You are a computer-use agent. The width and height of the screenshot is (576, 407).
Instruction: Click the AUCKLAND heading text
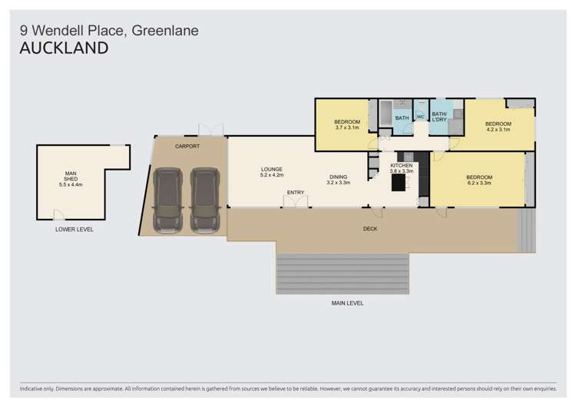(x=63, y=48)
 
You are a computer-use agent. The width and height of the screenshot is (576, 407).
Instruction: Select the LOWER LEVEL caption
(x=74, y=229)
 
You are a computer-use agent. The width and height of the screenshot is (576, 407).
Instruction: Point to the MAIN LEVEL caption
(x=347, y=303)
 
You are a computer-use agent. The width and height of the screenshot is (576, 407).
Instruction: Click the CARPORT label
(x=187, y=146)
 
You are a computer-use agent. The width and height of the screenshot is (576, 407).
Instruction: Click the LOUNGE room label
(x=272, y=169)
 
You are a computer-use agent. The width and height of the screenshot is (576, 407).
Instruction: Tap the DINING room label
(x=339, y=177)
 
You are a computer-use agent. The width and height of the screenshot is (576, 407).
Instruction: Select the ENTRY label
(x=296, y=192)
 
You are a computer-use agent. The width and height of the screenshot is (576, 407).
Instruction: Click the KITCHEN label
(x=402, y=166)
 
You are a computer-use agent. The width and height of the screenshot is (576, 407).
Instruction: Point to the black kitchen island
(x=399, y=183)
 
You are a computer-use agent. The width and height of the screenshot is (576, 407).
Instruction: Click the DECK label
(x=369, y=229)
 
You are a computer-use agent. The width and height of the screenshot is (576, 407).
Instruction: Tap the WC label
(x=421, y=117)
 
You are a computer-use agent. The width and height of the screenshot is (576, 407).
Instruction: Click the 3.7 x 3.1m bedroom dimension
(x=347, y=127)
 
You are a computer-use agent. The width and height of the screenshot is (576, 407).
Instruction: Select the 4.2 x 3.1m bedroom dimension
(x=498, y=129)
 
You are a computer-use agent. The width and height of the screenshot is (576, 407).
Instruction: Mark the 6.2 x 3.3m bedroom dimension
(x=479, y=183)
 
